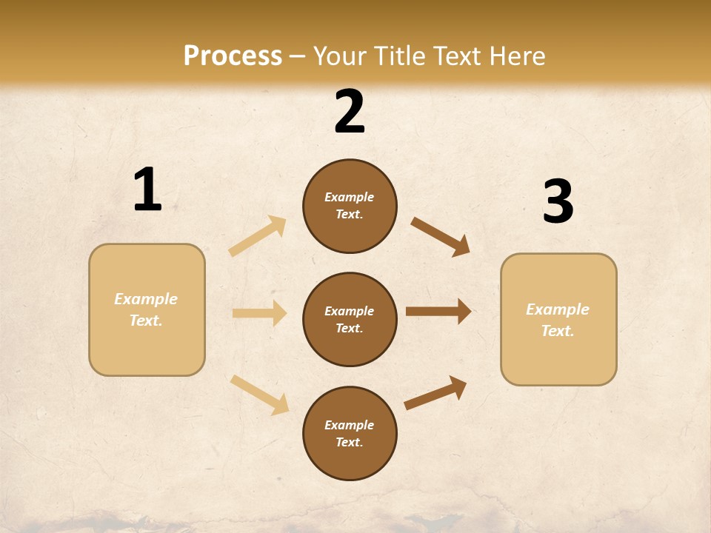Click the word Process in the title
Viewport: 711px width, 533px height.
pos(233,56)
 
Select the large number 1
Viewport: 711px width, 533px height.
pos(147,190)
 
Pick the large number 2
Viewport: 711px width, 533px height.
pos(350,112)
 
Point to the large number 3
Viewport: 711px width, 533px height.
pos(558,202)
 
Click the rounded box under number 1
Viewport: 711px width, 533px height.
pos(147,309)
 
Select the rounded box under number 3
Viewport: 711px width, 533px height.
pos(558,320)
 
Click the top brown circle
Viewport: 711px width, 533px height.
pos(350,206)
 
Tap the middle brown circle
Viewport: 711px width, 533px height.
pos(350,319)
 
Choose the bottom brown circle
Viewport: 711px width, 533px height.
pos(350,433)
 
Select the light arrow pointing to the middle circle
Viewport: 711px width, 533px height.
pos(259,313)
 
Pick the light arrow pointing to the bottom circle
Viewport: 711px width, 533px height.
pos(260,395)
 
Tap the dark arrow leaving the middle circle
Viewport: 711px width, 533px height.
pos(438,311)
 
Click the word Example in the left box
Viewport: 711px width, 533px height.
pos(146,299)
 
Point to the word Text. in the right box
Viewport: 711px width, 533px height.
pos(558,331)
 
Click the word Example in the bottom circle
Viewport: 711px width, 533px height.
pos(349,425)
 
